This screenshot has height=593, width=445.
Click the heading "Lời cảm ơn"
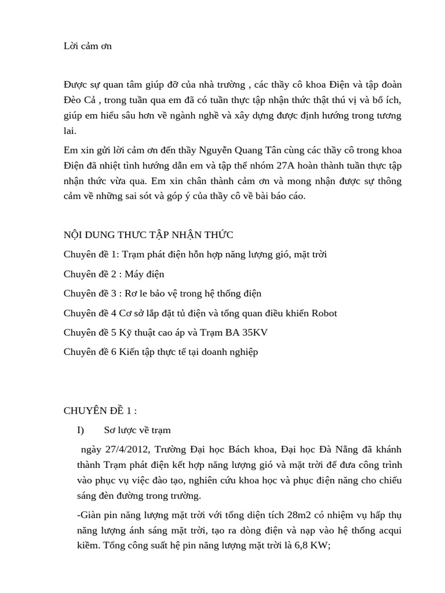point(87,46)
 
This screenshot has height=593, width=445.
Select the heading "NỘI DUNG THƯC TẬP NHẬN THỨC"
point(148,235)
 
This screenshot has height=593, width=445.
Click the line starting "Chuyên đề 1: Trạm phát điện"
point(199,254)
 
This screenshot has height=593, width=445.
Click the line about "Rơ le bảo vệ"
point(166,294)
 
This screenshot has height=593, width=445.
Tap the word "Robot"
point(324,313)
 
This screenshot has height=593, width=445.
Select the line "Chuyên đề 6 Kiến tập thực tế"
point(161,352)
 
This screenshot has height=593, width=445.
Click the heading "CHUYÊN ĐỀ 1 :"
point(100,411)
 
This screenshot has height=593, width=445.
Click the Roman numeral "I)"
point(81,430)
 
